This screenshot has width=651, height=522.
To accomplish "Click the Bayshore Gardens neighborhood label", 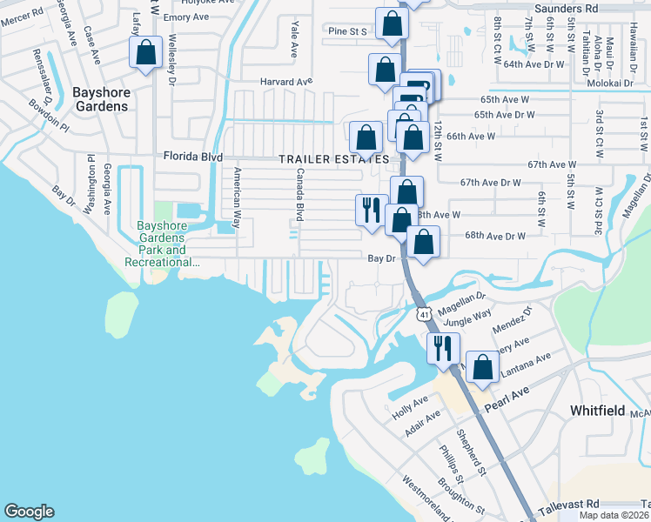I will (x=88, y=98).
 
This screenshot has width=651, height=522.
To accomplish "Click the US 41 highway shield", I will (x=423, y=313).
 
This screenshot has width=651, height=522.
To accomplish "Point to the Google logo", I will (x=29, y=512).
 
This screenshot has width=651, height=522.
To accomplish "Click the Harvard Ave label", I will (x=285, y=82).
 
